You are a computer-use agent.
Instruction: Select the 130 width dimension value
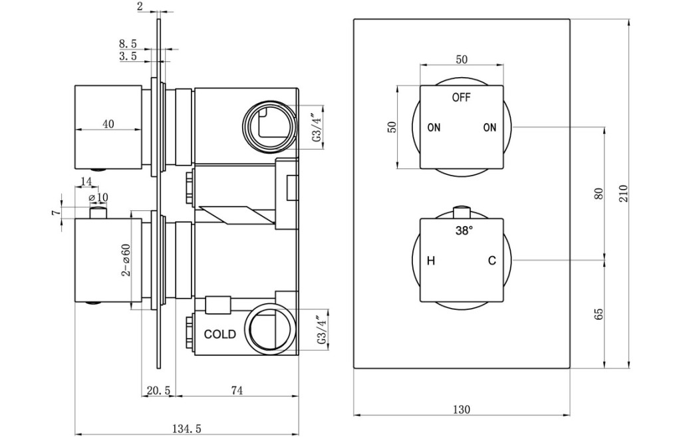click(x=462, y=409)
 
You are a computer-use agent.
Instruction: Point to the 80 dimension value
click(x=599, y=194)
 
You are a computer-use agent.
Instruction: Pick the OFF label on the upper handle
click(x=461, y=98)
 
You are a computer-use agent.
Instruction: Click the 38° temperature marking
click(x=464, y=231)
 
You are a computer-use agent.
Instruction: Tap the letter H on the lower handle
click(x=431, y=261)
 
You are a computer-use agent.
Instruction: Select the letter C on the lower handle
click(x=491, y=261)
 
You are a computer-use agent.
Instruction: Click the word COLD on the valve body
click(x=220, y=334)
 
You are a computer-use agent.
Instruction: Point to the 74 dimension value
click(x=236, y=391)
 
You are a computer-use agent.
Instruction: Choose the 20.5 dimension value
click(x=158, y=391)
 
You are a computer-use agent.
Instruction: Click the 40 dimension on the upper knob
click(x=108, y=124)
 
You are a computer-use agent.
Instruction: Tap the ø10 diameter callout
click(x=98, y=198)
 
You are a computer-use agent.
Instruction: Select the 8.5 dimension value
click(x=128, y=44)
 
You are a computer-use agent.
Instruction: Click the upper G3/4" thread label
click(x=317, y=126)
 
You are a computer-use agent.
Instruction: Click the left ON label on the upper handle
click(x=434, y=128)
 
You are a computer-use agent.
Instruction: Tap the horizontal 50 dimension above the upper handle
click(x=462, y=59)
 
